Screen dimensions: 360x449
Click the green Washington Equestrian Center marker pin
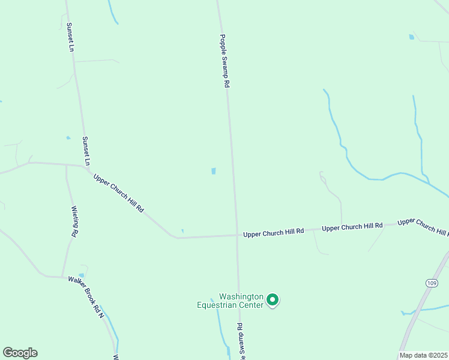(273, 299)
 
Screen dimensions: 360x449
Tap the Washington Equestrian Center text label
(231, 301)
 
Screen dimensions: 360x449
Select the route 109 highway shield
(432, 283)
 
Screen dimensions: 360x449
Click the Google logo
(20, 353)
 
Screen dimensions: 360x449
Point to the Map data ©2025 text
(424, 355)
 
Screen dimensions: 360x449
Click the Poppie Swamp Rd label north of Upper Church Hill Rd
(224, 61)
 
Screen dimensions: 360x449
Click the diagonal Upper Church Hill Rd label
(118, 193)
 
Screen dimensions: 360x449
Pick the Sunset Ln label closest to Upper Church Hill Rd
(86, 151)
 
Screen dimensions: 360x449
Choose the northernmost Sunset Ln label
(70, 37)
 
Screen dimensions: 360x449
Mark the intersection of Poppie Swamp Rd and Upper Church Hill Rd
(237, 235)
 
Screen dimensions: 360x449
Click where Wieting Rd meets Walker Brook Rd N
(62, 277)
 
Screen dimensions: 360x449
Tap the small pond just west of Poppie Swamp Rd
(213, 171)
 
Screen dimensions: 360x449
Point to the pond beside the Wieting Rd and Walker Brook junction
(81, 275)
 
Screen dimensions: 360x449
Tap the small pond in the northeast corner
(411, 37)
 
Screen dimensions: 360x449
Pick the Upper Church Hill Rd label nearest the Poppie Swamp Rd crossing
(274, 232)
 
